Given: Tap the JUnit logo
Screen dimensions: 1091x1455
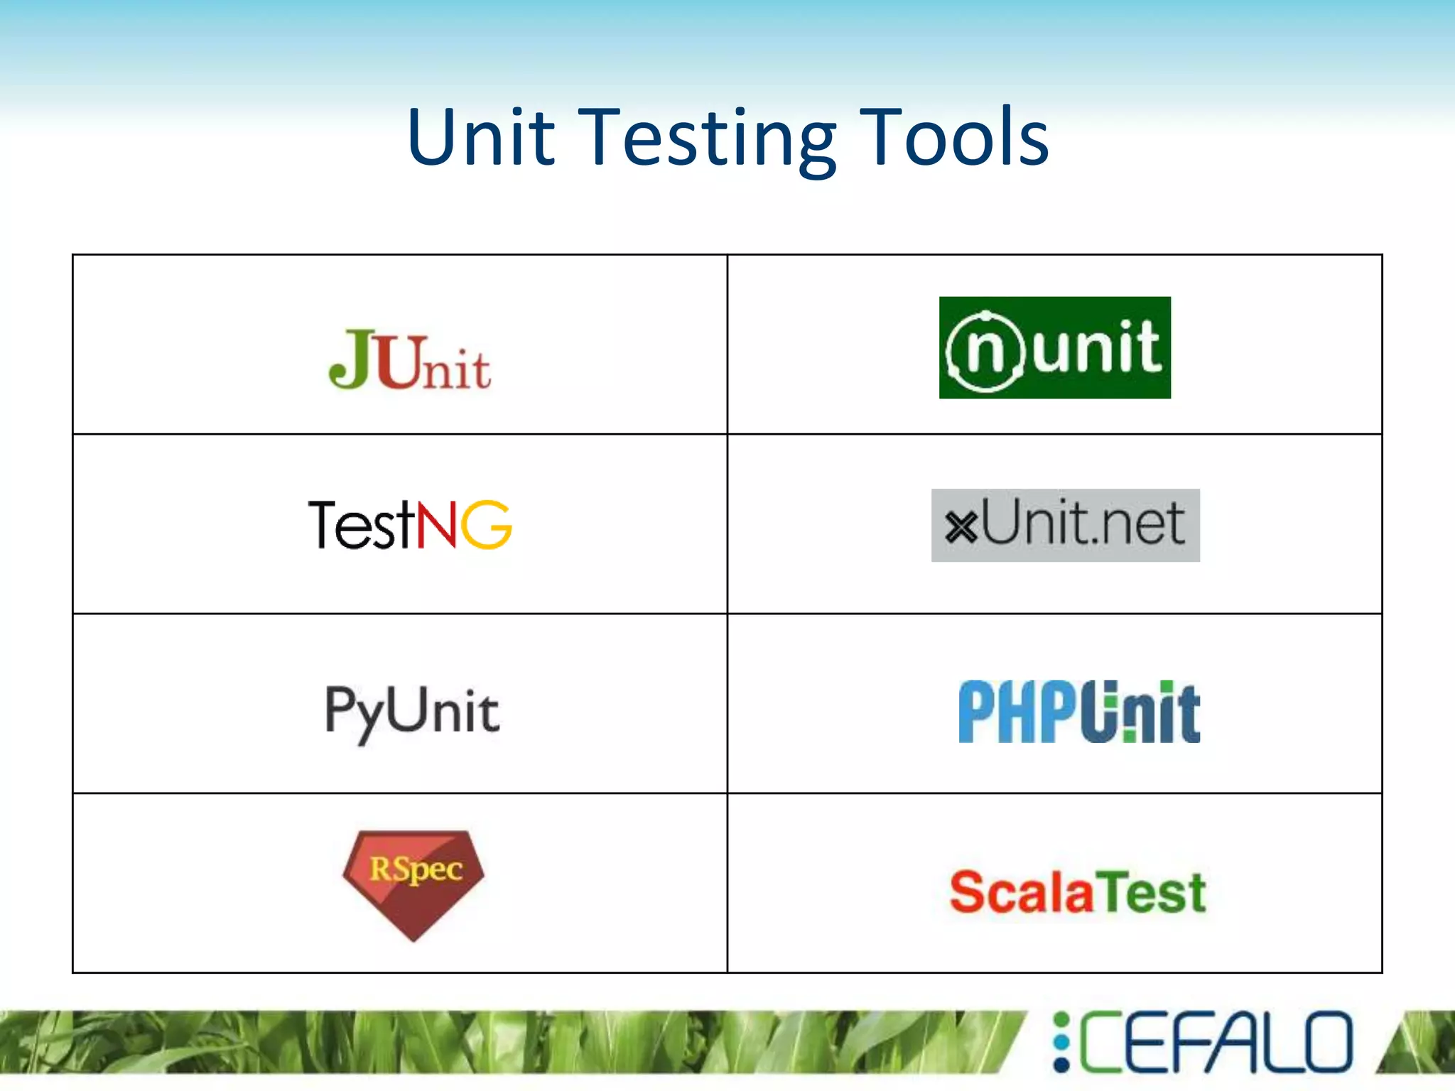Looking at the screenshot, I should tap(409, 360).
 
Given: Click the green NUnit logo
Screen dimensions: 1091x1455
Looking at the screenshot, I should tap(1054, 347).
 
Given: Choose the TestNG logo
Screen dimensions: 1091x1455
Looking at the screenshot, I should tap(410, 524).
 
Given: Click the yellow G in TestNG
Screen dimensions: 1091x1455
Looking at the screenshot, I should tap(487, 524).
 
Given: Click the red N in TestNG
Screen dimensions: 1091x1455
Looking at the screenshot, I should tap(436, 524).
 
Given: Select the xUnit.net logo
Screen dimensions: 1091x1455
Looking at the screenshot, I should tap(1065, 525).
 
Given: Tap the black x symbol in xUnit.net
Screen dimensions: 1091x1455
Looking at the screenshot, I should tap(962, 527).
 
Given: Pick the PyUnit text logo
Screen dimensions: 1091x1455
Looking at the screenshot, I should tap(412, 712).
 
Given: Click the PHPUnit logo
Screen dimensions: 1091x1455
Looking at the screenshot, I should tap(1078, 712).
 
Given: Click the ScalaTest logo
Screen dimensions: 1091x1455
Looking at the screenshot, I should tap(1078, 892).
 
